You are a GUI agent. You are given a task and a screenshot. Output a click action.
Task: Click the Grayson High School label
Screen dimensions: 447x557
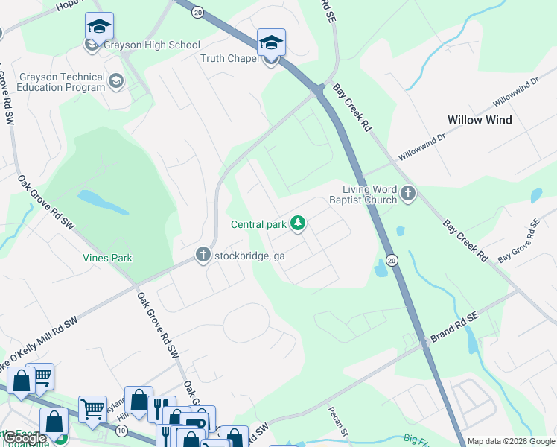(x=152, y=45)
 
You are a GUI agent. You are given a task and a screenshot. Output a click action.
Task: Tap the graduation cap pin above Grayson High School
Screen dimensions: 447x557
(x=99, y=28)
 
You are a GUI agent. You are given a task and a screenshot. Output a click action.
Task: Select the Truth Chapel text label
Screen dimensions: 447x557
(x=228, y=58)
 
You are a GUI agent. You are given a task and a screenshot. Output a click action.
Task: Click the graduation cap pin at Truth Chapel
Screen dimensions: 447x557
(x=271, y=43)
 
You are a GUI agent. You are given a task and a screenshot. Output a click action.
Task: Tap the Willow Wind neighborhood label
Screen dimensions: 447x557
(x=480, y=120)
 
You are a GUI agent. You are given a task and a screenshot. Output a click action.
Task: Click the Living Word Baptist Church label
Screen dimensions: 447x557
(x=364, y=194)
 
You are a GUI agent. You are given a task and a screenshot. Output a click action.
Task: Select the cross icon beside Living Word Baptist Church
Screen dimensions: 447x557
(x=407, y=194)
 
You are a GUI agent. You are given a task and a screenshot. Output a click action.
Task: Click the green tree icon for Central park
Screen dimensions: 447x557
(x=298, y=223)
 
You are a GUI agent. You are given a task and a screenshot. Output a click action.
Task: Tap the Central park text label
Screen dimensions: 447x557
(x=258, y=224)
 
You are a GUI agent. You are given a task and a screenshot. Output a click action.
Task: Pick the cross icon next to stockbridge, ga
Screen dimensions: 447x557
(x=203, y=255)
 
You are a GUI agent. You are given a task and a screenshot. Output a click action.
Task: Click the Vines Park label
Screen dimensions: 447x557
(x=107, y=258)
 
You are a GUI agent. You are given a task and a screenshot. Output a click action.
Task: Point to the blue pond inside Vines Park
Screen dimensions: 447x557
(x=93, y=198)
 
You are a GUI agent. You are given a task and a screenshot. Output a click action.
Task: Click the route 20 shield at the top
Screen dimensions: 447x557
(x=197, y=13)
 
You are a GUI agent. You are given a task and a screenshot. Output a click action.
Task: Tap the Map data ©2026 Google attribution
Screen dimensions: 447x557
(x=511, y=441)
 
